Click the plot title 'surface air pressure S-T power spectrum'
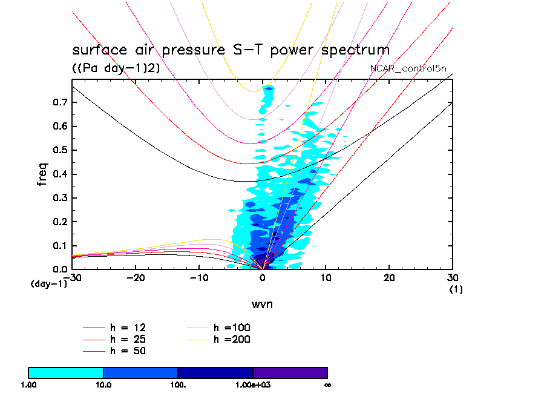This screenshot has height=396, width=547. tap(231, 50)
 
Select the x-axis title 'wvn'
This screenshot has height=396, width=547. tap(262, 304)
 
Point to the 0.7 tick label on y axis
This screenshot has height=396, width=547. tap(59, 103)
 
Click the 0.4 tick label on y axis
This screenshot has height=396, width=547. tap(59, 174)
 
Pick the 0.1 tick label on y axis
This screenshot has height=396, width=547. tap(59, 246)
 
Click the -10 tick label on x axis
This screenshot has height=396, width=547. tap(198, 279)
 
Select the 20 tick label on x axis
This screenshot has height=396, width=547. tap(389, 279)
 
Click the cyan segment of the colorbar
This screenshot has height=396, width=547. tap(66, 372)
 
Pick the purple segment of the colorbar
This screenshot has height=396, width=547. tap(290, 372)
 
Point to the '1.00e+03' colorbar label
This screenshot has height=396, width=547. tap(253, 384)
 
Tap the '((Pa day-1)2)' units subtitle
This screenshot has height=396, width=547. tap(116, 68)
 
